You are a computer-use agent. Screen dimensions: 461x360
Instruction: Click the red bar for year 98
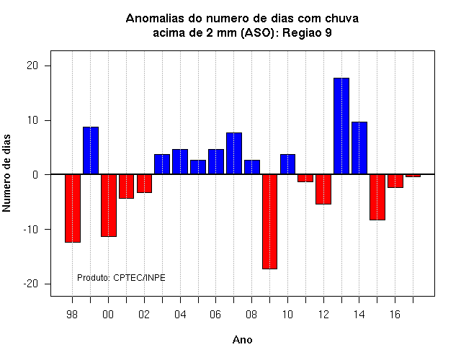tap(73, 208)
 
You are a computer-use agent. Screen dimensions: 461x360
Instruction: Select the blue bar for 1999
tap(91, 150)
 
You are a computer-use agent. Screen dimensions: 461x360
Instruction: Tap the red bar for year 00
tap(109, 205)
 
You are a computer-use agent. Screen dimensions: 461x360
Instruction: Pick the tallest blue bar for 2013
tap(341, 126)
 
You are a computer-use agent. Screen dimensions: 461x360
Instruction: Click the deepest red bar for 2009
tap(269, 221)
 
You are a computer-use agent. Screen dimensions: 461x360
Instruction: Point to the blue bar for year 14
tap(359, 148)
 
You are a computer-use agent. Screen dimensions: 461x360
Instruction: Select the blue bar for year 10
tap(287, 164)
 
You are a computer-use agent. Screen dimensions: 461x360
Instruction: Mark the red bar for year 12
tap(323, 189)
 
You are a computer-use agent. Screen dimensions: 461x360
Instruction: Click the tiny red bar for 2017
tap(413, 176)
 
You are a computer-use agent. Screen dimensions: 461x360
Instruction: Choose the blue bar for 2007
tap(234, 153)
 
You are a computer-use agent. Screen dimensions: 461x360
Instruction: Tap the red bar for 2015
tap(377, 197)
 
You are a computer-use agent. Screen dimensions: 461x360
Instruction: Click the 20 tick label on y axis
tap(32, 66)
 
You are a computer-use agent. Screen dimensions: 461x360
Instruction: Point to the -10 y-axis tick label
tap(31, 230)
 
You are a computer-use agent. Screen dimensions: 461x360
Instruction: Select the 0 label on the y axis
tap(35, 175)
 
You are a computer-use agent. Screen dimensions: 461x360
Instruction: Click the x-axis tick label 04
tap(180, 315)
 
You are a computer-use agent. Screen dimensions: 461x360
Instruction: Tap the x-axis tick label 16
tap(395, 315)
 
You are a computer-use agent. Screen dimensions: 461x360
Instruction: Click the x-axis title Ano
tap(242, 340)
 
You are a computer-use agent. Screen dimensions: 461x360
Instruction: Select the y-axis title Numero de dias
tap(6, 173)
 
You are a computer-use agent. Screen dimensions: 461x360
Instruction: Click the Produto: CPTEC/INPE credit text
tap(121, 278)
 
